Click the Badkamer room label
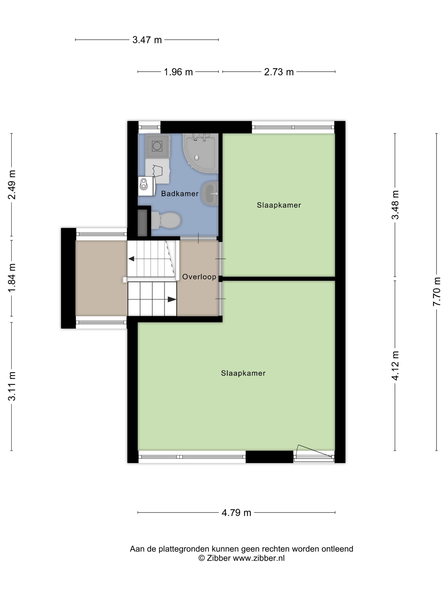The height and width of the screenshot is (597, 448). tap(180, 194)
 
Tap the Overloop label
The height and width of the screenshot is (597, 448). tap(199, 277)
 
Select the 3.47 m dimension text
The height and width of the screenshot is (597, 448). tap(147, 40)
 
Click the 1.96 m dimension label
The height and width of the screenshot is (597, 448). tap(178, 72)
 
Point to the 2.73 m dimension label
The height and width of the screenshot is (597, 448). tap(279, 72)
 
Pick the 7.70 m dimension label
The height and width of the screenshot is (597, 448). tap(437, 291)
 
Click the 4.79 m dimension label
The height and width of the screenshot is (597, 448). tap(236, 513)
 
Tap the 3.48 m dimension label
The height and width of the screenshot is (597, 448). tap(395, 205)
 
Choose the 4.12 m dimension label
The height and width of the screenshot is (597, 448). tap(395, 366)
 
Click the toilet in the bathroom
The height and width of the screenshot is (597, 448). tap(166, 220)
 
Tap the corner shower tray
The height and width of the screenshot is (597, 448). tap(200, 153)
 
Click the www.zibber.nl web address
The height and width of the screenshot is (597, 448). tap(259, 558)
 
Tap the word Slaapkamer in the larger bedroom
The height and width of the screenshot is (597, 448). tap(243, 373)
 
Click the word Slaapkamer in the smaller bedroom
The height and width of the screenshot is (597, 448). tap(279, 205)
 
